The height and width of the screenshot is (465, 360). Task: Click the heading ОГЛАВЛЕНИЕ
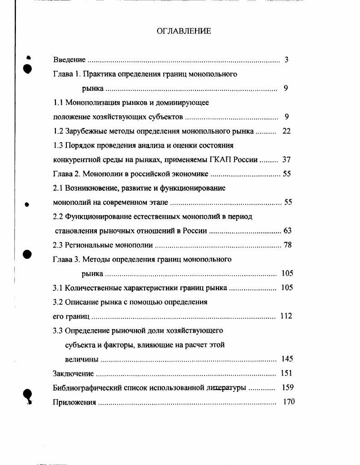tap(184, 31)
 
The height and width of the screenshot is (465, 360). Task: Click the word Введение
tap(69, 60)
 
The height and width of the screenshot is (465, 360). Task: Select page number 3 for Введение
tap(287, 60)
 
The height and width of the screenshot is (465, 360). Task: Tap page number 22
tap(286, 131)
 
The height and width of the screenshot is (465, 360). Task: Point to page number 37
tap(286, 160)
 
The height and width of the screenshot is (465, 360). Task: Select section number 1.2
tap(58, 131)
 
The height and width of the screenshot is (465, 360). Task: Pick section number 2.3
tap(58, 245)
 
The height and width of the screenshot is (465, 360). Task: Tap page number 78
tap(287, 245)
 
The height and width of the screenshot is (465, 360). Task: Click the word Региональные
tap(92, 245)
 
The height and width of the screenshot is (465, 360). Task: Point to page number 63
tap(287, 231)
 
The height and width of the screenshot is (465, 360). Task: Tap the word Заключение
tap(73, 374)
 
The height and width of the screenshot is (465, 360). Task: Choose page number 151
tap(287, 373)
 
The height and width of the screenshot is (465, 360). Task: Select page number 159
tap(288, 388)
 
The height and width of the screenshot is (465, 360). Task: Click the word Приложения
tap(75, 402)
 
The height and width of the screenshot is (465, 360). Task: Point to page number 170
tap(289, 402)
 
